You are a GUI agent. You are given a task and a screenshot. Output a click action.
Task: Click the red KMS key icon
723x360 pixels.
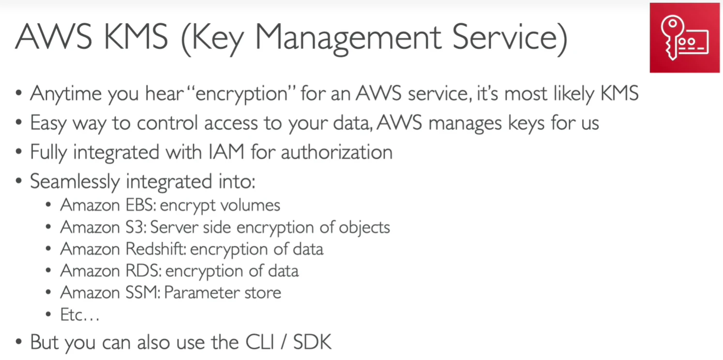point(684,38)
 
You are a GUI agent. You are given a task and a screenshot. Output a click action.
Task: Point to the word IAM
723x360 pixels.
point(226,151)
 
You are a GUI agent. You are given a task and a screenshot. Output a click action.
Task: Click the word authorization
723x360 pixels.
point(337,152)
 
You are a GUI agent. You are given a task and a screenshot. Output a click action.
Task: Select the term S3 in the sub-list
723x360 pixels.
point(136,227)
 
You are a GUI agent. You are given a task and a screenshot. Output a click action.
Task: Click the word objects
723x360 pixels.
point(364,228)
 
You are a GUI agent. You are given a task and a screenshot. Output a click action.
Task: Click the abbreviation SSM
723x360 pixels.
point(142,293)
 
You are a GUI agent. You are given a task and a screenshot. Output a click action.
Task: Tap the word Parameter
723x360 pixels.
point(201,293)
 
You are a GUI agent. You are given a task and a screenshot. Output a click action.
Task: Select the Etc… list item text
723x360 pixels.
point(80,315)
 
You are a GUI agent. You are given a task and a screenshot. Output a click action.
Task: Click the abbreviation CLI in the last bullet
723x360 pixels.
point(260,342)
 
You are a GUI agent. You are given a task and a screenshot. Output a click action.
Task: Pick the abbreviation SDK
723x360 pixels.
point(312,342)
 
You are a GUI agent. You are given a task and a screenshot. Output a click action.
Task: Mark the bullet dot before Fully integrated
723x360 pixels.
point(19,151)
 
